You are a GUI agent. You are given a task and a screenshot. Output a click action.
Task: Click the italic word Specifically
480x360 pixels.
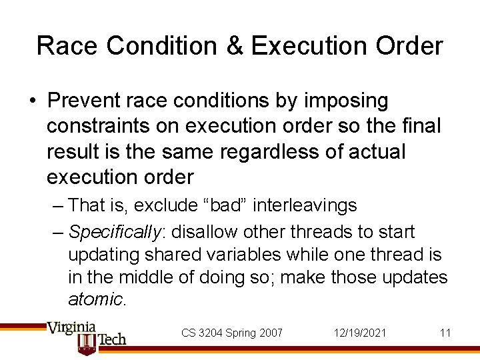click(115, 232)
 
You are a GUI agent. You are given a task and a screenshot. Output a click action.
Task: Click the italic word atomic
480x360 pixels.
click(96, 299)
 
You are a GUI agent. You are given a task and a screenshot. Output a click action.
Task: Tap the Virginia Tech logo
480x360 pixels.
click(87, 336)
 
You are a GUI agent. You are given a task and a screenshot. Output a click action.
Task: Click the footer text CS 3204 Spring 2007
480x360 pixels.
click(232, 333)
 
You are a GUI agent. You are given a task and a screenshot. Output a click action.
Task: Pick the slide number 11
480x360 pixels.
click(445, 333)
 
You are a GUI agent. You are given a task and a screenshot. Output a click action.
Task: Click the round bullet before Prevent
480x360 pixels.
click(32, 101)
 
